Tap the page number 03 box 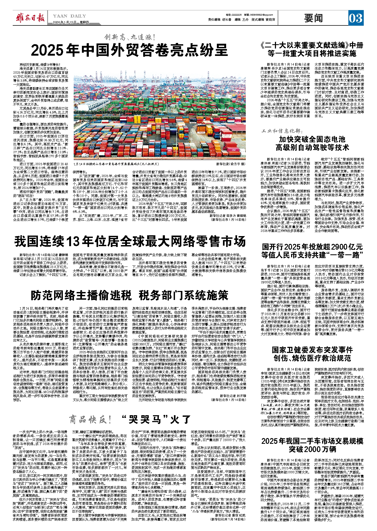(x=356, y=18)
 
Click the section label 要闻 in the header (x=314, y=18)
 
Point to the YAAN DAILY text (x=69, y=16)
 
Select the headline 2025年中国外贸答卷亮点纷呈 (x=129, y=50)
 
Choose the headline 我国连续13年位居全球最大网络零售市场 (x=130, y=241)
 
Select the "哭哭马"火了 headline (x=156, y=419)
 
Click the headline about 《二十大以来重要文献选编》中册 (x=312, y=49)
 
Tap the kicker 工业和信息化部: (x=282, y=131)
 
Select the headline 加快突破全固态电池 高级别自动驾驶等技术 (x=312, y=143)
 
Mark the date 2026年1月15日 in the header (x=64, y=22)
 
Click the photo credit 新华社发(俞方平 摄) (x=231, y=164)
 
